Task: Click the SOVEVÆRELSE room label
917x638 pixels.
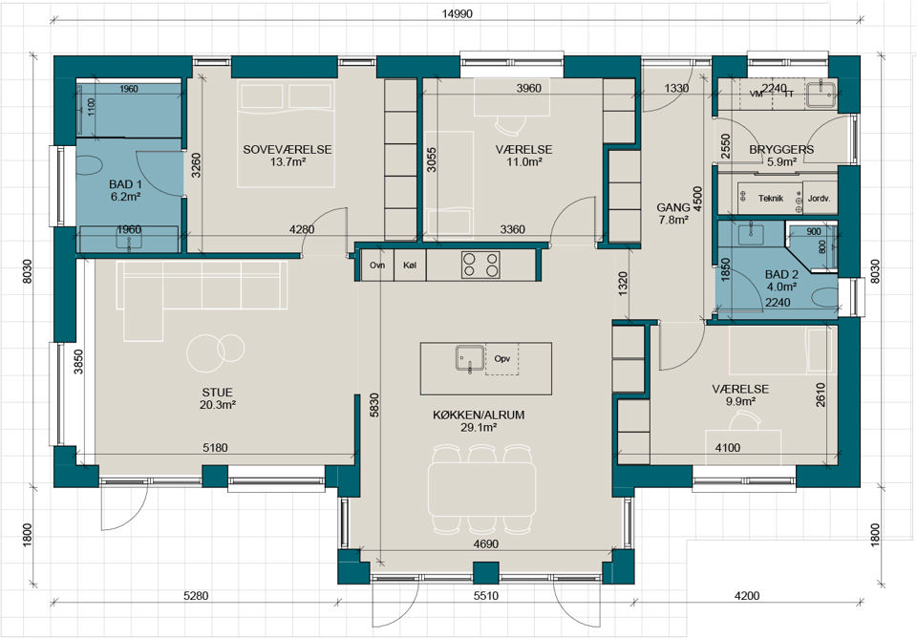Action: (288, 150)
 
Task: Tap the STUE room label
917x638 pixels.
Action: (218, 393)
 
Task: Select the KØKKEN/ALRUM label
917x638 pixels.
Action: (479, 415)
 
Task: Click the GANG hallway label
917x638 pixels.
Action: (673, 207)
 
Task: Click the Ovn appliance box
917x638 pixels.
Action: (377, 265)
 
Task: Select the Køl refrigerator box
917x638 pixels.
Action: (410, 265)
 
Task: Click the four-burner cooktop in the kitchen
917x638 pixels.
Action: (480, 265)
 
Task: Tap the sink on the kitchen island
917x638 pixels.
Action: (470, 358)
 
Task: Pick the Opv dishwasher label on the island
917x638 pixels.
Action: (501, 358)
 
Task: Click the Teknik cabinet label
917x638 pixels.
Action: (770, 199)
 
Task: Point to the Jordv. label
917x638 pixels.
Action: (819, 199)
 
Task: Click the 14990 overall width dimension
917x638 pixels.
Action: (457, 14)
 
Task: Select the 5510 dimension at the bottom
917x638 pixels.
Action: (486, 596)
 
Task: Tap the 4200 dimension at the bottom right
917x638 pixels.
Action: (747, 596)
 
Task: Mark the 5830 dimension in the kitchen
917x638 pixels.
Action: (374, 405)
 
